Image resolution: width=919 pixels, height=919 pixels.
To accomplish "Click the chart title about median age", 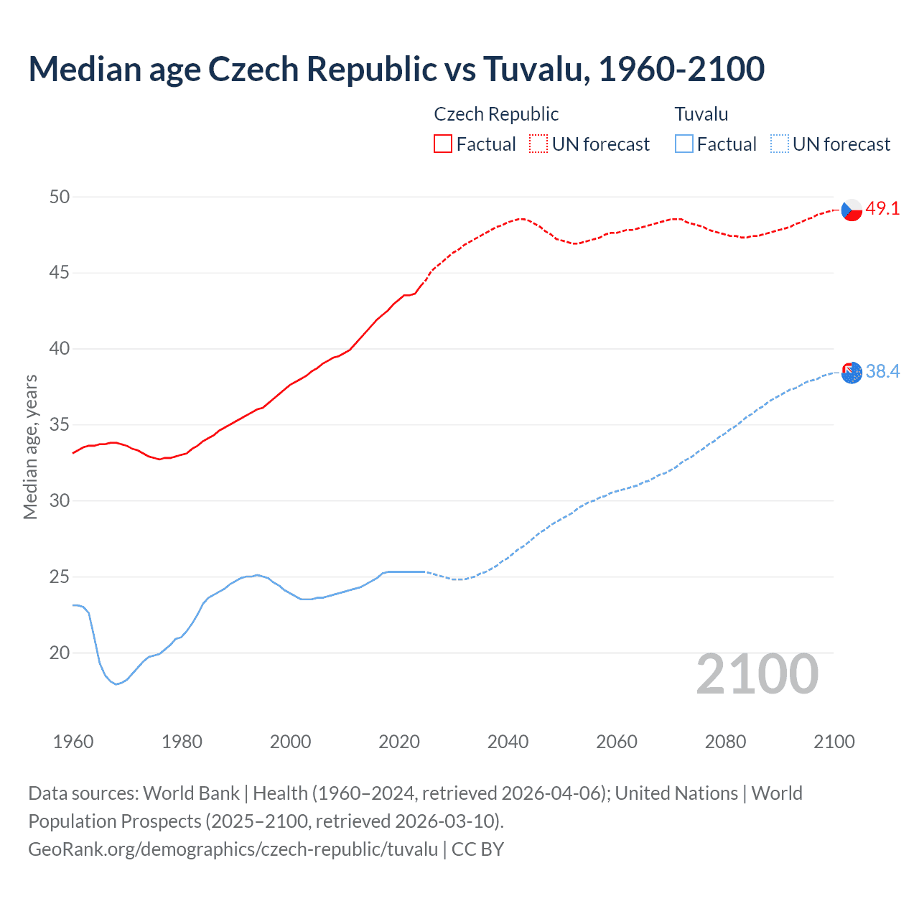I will click(396, 69).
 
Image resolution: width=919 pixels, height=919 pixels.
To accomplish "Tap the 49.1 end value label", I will click(882, 209).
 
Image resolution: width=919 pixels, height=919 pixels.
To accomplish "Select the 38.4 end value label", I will click(882, 371).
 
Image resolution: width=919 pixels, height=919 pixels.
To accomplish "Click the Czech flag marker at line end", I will click(852, 210).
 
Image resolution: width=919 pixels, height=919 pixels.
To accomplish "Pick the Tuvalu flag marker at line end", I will click(852, 373).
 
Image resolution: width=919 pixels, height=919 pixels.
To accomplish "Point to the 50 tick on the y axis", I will click(60, 197).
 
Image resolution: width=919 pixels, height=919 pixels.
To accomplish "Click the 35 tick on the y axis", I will click(60, 425).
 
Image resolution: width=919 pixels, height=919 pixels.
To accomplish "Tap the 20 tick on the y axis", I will click(60, 653).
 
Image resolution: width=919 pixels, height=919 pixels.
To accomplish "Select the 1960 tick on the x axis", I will click(73, 742).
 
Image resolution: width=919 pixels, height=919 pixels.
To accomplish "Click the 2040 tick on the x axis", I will click(508, 742).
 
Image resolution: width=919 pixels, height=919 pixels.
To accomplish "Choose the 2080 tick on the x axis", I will click(725, 742).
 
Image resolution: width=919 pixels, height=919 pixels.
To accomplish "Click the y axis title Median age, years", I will click(30, 447).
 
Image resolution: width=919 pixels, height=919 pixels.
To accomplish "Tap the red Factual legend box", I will click(443, 144).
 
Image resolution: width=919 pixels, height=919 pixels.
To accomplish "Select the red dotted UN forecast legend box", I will click(538, 144).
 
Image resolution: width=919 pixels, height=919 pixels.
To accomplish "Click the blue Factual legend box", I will click(684, 144).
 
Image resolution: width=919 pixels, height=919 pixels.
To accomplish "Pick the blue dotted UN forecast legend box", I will click(780, 144).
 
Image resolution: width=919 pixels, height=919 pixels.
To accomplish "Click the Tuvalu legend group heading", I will click(701, 114).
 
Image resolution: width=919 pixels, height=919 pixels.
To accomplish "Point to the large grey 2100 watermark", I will click(757, 674).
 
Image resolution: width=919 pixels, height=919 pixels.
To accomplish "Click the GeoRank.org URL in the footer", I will click(233, 849).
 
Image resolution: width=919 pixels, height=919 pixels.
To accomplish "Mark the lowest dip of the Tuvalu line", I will click(116, 684).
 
